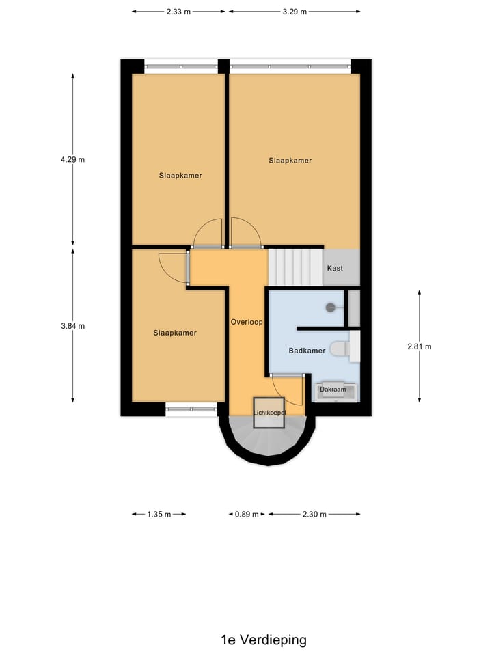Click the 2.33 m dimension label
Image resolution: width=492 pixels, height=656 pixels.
point(178,12)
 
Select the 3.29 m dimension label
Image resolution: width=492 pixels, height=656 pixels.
point(295,12)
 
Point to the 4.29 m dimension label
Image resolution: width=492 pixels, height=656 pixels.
point(72,159)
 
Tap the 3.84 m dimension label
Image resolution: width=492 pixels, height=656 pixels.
point(72,326)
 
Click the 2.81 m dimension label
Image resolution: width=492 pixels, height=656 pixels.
point(419,346)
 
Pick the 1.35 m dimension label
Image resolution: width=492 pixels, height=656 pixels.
point(159,515)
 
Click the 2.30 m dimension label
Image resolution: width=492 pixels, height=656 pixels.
point(314,515)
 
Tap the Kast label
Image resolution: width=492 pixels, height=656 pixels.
point(335,268)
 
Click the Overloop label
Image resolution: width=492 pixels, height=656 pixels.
point(247,321)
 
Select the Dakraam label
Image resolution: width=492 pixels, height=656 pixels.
point(333,389)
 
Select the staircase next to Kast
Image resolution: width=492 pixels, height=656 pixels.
point(295,267)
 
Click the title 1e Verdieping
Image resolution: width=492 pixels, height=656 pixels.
point(264,640)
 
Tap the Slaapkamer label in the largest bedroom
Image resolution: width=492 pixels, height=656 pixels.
point(290,161)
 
